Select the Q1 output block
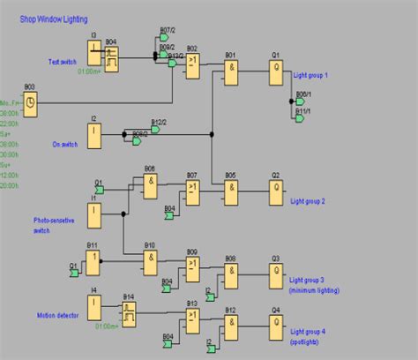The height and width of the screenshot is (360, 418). [275, 71]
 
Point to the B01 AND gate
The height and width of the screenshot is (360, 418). [231, 71]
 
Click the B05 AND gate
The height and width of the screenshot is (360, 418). [231, 191]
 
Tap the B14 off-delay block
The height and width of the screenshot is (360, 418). [129, 311]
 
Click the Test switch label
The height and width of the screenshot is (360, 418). [63, 62]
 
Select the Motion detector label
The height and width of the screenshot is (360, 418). [57, 315]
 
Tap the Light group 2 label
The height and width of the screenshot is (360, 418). [308, 201]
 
